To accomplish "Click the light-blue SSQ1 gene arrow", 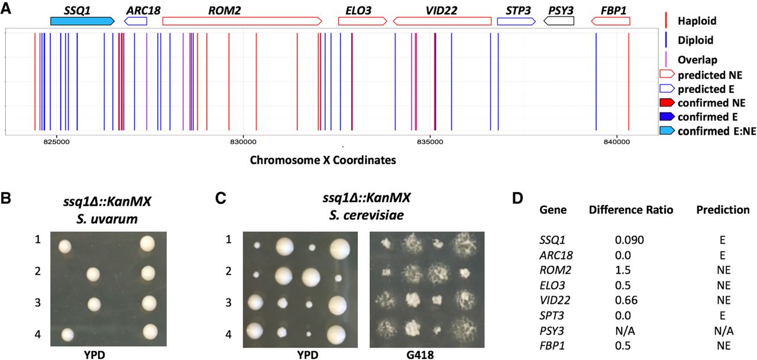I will [82, 21].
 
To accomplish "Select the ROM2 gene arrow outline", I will [242, 21].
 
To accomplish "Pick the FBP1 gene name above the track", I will [610, 10].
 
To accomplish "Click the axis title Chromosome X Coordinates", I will [323, 160].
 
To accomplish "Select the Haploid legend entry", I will [696, 21].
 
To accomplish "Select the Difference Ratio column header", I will [631, 210].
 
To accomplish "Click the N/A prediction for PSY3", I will [723, 330].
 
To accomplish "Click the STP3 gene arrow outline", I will [516, 21].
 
